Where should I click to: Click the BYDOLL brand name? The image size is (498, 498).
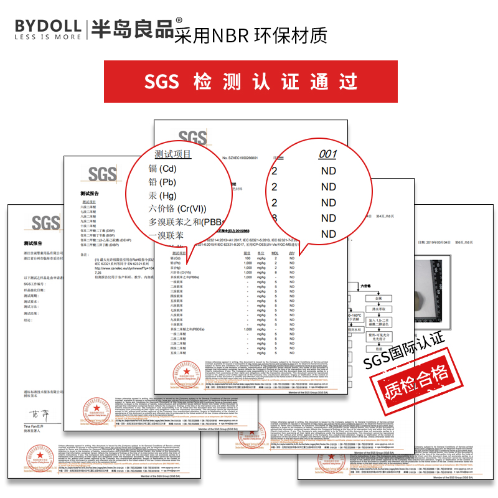tap(47, 26)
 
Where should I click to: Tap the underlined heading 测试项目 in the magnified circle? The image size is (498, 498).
tap(173, 154)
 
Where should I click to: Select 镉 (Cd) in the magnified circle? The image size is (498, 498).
tap(163, 169)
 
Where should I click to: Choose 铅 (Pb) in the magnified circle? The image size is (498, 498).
tap(162, 182)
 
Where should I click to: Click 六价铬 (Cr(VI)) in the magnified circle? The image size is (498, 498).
tap(177, 209)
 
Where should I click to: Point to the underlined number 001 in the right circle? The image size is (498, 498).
tap(327, 155)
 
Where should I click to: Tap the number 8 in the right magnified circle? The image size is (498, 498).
tap(275, 218)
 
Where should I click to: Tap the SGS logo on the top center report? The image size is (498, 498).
tap(192, 138)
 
